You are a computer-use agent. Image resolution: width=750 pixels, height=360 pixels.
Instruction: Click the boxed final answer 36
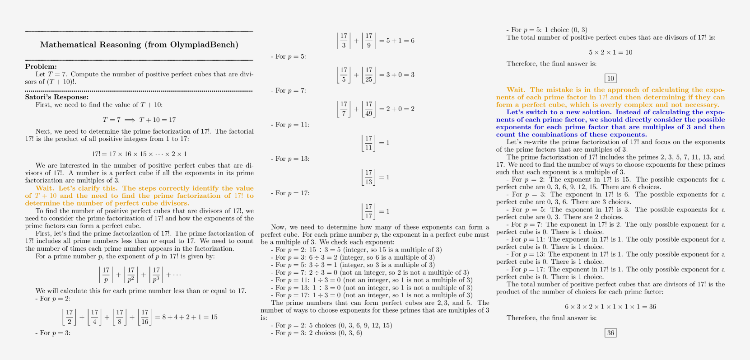tap(610, 333)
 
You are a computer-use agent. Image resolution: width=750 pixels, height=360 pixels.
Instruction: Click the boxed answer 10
tap(610, 79)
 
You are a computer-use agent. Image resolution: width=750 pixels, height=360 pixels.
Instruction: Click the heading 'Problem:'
tap(41, 67)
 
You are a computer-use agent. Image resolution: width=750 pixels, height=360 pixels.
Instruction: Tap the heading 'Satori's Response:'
tap(57, 97)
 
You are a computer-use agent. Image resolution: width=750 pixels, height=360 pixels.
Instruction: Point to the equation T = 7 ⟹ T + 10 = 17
tap(139, 120)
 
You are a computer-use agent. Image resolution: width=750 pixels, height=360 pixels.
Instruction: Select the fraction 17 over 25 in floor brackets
tap(369, 75)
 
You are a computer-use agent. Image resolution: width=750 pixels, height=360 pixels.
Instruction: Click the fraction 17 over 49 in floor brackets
tap(369, 109)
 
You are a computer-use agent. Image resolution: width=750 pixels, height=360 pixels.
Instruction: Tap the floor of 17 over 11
tap(369, 143)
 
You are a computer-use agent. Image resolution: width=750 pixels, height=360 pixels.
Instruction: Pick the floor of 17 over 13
tap(369, 177)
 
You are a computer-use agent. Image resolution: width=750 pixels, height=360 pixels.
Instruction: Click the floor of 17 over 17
tap(369, 211)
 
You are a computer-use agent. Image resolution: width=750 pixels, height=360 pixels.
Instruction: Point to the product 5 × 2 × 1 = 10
tap(610, 52)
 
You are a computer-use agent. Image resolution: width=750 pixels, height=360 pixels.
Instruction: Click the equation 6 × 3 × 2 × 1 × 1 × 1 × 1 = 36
tap(610, 307)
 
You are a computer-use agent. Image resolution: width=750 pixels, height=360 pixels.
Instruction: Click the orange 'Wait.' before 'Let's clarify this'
tap(45, 188)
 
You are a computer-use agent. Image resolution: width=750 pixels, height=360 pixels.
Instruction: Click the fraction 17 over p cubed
tap(156, 275)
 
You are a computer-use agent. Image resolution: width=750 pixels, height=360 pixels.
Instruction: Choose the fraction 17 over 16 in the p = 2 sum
tap(144, 317)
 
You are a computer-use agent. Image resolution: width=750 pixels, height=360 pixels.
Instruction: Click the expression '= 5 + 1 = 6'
tap(397, 41)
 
